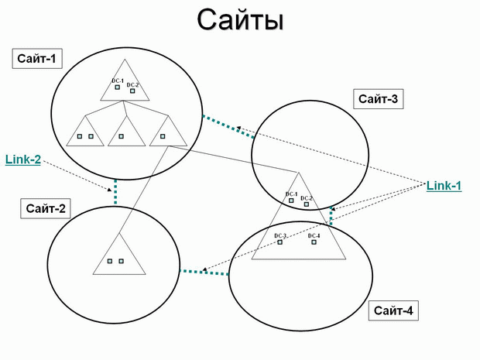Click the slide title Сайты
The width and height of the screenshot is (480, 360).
coord(240,20)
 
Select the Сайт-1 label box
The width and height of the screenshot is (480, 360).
coord(37,59)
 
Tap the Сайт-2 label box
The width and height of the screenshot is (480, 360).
coord(46,208)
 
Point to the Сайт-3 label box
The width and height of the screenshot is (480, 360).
coord(379,99)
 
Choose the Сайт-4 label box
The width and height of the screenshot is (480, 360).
coord(393,310)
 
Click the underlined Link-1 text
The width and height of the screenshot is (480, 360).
coord(444,186)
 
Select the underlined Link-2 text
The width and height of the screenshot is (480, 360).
coord(23,159)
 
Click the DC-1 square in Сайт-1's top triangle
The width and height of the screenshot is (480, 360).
coord(117,87)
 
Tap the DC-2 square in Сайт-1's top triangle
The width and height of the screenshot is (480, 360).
coord(132,91)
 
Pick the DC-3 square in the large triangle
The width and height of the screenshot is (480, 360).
coord(279,242)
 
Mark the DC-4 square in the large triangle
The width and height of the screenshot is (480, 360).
coord(314,242)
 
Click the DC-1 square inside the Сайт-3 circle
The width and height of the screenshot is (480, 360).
coord(291,201)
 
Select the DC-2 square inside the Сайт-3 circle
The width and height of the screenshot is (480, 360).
coord(307,204)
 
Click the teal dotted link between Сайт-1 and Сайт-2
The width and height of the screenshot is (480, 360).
coord(115,192)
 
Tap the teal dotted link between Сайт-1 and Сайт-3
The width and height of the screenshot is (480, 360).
coord(228,127)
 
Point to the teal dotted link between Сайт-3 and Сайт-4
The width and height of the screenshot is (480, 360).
coord(331,216)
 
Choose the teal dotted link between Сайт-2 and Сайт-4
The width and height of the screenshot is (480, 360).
coord(204,273)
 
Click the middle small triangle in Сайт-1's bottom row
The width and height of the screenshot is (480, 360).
coord(127,131)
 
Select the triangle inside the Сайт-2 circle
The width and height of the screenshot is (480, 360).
coord(119,254)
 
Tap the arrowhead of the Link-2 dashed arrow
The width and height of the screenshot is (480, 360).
coord(110,190)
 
